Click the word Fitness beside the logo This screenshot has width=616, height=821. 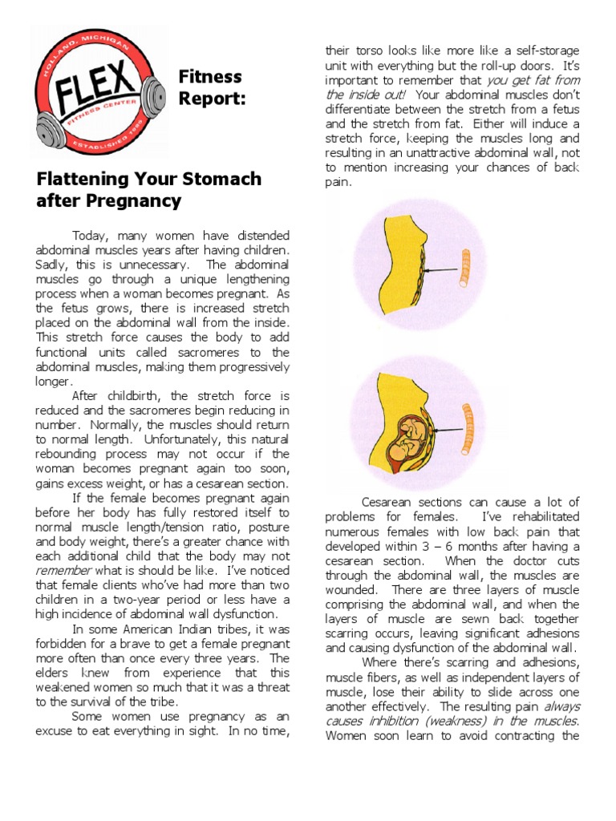210,77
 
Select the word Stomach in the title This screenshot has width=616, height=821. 223,178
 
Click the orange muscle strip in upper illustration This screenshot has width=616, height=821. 464,268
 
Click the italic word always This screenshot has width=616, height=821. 561,706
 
